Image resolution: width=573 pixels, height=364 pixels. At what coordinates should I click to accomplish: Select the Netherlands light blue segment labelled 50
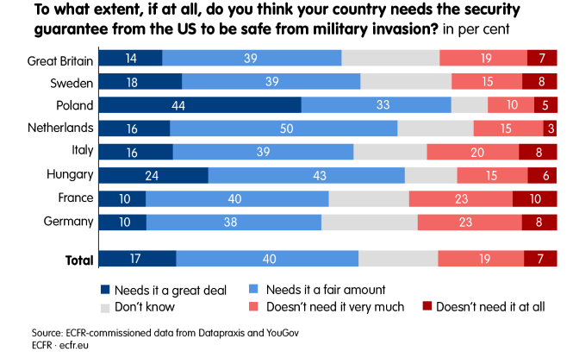click(283, 129)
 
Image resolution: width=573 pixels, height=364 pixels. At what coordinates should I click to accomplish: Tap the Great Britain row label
click(59, 59)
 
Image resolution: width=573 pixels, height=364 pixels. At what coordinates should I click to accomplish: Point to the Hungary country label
click(70, 175)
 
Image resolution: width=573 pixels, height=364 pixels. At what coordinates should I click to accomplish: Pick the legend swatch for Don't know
click(106, 306)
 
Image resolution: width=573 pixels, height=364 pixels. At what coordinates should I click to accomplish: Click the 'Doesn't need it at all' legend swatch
click(427, 306)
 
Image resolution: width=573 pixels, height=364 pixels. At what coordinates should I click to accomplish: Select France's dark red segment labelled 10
click(534, 198)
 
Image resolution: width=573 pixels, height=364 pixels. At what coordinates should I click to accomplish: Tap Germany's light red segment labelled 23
click(470, 222)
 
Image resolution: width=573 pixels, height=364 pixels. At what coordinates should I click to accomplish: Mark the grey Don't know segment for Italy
click(390, 152)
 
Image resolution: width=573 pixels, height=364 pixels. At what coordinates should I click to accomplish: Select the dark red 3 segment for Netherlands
click(550, 129)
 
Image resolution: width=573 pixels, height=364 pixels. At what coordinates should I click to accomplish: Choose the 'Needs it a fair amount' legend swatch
click(253, 290)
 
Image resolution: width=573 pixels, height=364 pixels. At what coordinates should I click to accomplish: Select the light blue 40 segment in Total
click(267, 260)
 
